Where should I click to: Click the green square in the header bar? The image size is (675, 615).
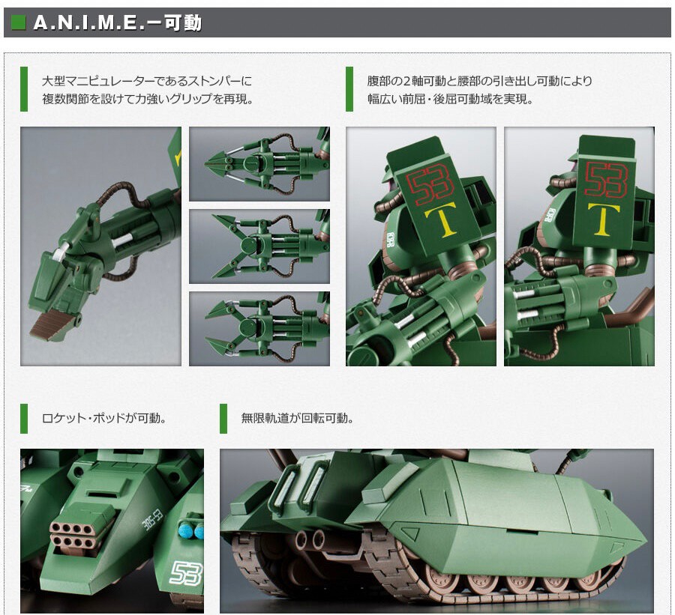coord(18,22)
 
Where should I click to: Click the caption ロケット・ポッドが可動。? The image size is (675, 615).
coord(104,418)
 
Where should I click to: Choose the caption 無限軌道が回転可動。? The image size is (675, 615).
coord(297,418)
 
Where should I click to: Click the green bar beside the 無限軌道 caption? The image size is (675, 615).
coord(223,418)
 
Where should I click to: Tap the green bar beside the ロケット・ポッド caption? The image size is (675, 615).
coord(24,418)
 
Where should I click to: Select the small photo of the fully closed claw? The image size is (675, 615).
coord(259,163)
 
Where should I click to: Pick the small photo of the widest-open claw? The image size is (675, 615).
coord(259,246)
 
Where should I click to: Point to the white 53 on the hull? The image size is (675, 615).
coord(185,573)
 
